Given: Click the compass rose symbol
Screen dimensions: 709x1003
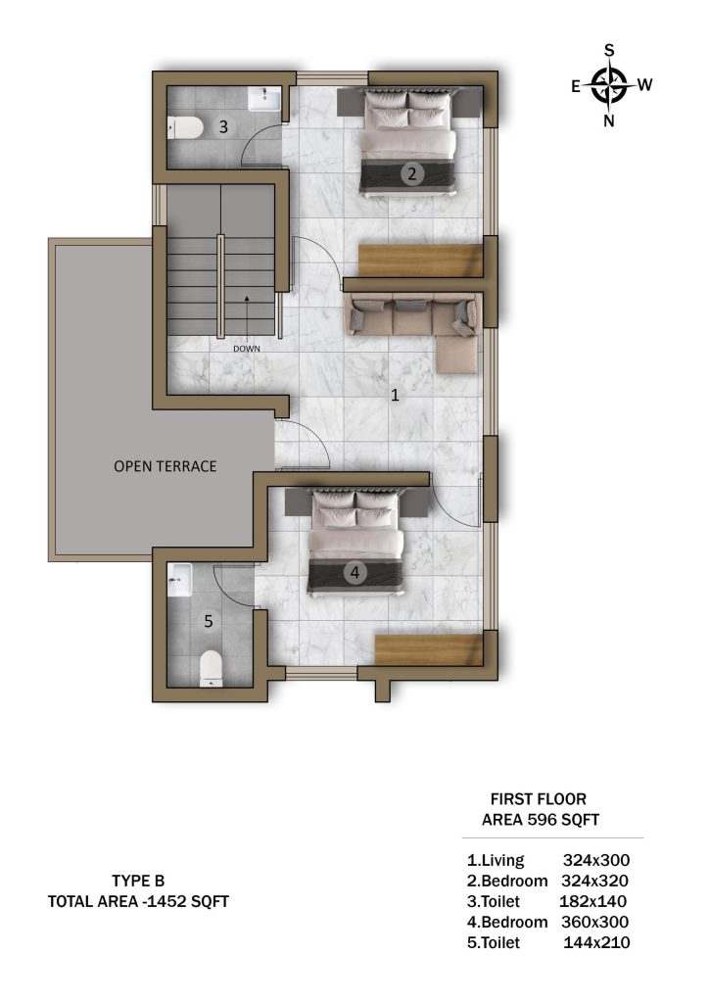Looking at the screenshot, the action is [609, 84].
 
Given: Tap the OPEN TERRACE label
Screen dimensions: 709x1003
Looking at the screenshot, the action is [165, 466].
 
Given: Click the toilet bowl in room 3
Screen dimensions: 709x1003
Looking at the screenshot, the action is [185, 127].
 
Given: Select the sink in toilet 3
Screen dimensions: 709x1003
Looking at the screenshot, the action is [264, 99].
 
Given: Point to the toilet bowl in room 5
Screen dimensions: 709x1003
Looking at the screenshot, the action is [211, 668].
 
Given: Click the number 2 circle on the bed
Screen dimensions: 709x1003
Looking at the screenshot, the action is [412, 172].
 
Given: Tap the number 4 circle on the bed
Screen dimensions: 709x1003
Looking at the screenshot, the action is [354, 572].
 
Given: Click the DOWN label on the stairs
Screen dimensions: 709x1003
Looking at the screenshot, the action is [247, 349].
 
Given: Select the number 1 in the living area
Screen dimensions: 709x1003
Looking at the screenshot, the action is [395, 395].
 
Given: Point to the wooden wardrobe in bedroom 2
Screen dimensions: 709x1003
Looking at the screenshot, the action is [421, 260].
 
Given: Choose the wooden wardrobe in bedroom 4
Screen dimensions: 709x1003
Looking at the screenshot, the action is [428, 650].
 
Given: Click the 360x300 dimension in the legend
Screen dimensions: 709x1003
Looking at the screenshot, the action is [594, 922].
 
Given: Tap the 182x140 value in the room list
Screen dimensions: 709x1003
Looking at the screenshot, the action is [592, 901].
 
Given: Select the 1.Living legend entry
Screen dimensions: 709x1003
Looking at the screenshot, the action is [496, 860].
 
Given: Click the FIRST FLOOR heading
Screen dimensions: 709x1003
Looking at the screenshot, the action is [539, 799].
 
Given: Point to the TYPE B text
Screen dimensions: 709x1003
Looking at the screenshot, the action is [138, 881].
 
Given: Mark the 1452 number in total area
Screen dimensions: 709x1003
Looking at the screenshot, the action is [166, 901].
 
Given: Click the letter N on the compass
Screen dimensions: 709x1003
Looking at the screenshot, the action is [609, 120].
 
